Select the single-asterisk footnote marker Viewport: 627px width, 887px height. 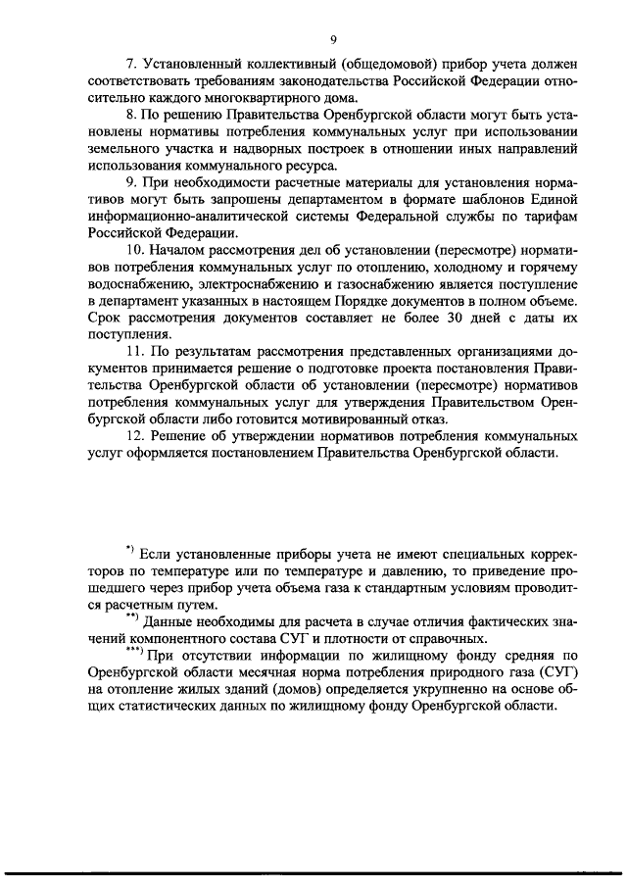tap(128, 545)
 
